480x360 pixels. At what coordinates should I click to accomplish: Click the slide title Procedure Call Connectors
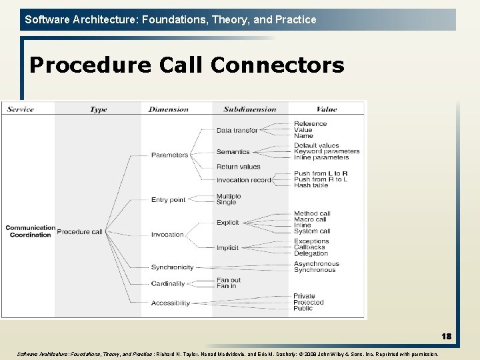[187, 65]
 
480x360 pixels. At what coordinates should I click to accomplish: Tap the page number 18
[446, 336]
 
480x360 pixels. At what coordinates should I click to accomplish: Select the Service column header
[21, 109]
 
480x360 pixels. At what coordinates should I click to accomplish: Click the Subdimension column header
[250, 109]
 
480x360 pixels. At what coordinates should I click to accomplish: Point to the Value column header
[327, 109]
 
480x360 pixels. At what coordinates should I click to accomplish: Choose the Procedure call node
[79, 232]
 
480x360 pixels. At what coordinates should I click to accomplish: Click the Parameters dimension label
[169, 155]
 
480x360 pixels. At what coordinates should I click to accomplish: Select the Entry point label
[168, 200]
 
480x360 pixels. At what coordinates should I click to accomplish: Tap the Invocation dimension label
[167, 235]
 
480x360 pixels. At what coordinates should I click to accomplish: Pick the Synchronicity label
[172, 267]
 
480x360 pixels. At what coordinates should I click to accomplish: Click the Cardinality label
[168, 283]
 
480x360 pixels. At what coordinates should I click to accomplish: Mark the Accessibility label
[171, 303]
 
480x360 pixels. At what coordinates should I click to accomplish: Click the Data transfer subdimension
[237, 131]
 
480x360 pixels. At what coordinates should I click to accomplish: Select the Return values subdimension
[238, 167]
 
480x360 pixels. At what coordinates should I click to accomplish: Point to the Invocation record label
[243, 180]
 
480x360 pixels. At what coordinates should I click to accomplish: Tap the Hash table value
[311, 185]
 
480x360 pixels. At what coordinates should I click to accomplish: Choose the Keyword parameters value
[327, 151]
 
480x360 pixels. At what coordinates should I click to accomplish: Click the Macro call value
[310, 219]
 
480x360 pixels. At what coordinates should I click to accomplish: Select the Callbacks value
[309, 247]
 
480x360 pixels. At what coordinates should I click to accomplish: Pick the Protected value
[309, 302]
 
